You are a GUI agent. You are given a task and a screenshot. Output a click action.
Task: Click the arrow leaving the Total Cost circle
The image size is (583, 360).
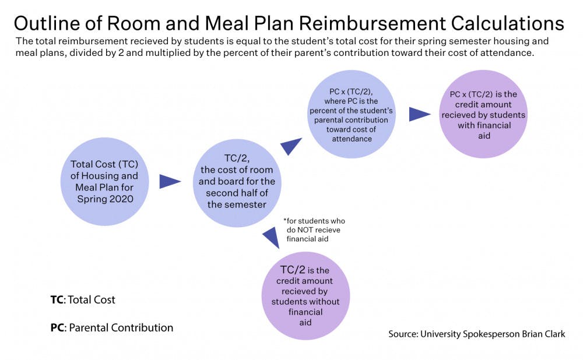coord(170,182)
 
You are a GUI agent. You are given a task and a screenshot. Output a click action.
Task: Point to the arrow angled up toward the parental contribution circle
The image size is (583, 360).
coord(291,146)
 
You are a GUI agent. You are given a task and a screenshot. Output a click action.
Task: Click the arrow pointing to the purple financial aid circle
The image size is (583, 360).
coord(419,114)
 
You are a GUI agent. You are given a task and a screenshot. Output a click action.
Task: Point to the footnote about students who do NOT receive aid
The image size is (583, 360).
coord(314,230)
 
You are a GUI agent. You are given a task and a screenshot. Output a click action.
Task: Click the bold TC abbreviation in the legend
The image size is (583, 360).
coord(57,300)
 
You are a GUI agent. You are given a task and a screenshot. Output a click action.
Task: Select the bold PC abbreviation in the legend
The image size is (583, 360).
coord(57,328)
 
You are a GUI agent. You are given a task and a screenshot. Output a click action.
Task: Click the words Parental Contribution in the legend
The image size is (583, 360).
coord(121,328)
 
